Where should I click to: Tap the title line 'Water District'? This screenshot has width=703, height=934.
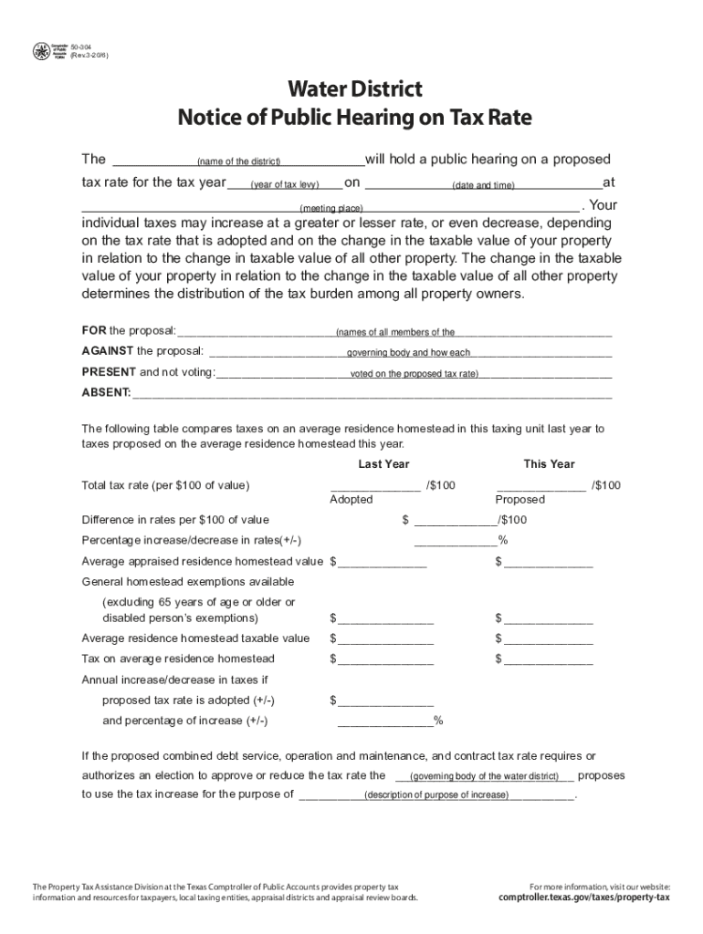354,89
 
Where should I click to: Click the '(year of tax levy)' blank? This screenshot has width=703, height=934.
285,185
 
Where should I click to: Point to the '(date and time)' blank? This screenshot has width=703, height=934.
483,185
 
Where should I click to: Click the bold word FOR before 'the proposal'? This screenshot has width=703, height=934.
94,330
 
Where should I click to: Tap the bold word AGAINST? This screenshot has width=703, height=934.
108,351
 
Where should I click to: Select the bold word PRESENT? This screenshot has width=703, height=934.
109,372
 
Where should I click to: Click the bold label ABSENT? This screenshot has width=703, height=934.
106,393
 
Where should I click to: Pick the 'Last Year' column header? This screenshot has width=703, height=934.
383,464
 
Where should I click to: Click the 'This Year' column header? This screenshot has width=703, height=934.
549,464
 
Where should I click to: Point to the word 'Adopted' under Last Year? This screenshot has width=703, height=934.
351,500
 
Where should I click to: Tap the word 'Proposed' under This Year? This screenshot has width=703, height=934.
520,500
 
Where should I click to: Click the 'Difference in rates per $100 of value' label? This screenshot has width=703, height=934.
175,520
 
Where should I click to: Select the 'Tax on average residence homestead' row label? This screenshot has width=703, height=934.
178,659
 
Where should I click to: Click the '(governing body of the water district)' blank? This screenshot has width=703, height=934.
485,776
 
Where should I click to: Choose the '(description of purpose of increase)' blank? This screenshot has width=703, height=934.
436,794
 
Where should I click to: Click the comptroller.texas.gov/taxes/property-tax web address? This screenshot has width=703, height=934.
584,898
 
